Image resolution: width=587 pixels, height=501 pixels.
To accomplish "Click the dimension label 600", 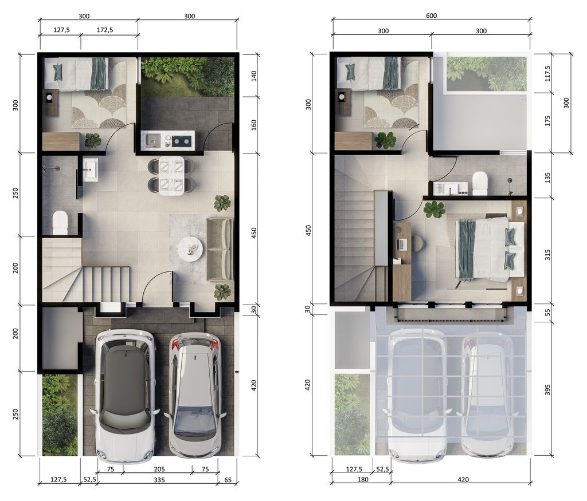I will (x=432, y=15).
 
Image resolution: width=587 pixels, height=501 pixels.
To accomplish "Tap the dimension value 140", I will (x=254, y=76).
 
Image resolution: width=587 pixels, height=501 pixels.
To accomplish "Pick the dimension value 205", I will (x=158, y=468).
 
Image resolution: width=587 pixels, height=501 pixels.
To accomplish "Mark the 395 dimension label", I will (x=547, y=390).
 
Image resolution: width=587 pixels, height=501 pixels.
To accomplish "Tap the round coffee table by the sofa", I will (x=190, y=248).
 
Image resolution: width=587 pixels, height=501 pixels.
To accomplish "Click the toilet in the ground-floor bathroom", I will (x=60, y=222).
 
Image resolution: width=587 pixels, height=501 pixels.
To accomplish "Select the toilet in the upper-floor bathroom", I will (x=480, y=183).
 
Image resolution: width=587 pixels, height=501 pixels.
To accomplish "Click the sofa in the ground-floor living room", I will (x=220, y=248).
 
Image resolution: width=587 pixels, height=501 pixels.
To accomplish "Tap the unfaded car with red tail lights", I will (x=195, y=395).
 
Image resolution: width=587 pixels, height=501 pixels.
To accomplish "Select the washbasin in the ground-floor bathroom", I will (x=90, y=170).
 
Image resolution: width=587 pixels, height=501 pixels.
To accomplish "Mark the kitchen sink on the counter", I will (x=153, y=139).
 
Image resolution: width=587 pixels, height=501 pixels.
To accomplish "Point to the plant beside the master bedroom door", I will (x=435, y=210).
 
